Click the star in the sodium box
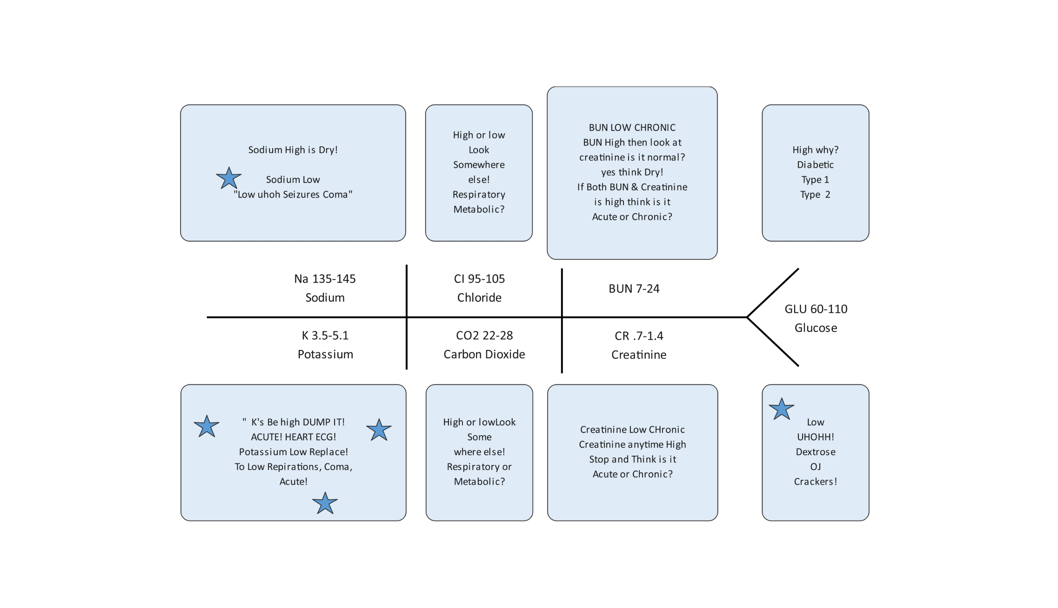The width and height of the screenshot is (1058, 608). click(x=228, y=178)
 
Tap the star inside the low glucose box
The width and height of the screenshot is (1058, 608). click(x=781, y=410)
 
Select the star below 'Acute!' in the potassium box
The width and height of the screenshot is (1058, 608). click(x=325, y=503)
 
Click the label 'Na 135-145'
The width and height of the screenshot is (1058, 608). click(x=325, y=279)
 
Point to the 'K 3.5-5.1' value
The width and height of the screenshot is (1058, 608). click(x=325, y=335)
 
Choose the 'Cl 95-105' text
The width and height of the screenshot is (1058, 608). click(x=479, y=279)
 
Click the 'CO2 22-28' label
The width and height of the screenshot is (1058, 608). click(x=484, y=335)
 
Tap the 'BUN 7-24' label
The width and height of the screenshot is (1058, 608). click(x=634, y=289)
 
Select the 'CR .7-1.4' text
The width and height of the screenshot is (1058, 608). click(x=639, y=336)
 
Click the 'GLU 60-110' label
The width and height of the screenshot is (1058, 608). click(x=816, y=309)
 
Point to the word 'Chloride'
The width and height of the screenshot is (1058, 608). click(x=479, y=297)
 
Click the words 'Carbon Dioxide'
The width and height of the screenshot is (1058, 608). click(x=484, y=354)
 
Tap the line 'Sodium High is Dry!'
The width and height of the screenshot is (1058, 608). click(x=293, y=150)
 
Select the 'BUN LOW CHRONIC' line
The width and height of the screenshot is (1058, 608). click(x=632, y=127)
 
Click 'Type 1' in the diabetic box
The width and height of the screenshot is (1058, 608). click(x=815, y=179)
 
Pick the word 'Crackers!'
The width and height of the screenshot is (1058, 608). click(x=815, y=482)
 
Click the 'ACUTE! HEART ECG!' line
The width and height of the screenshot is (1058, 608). click(x=293, y=437)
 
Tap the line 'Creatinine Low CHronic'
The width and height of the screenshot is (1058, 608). click(x=632, y=430)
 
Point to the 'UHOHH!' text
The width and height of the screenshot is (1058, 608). click(x=815, y=437)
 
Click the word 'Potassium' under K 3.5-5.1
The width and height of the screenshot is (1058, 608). click(x=325, y=354)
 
